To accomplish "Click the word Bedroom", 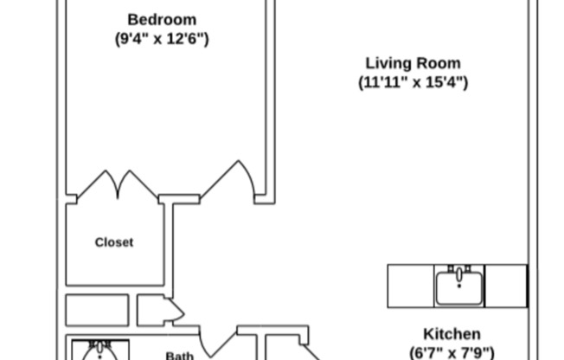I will (162, 19).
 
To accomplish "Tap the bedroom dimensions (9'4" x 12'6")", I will (162, 39).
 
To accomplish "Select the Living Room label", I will (413, 63).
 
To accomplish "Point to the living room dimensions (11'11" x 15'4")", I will (413, 83).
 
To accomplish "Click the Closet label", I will (114, 242).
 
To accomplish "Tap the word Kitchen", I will (452, 334).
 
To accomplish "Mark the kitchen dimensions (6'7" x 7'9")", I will (452, 352).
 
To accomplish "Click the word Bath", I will (180, 355).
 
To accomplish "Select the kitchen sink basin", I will (459, 287).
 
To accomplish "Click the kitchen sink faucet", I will (459, 269).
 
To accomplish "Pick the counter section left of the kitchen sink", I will (410, 286).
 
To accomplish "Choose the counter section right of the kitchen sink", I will (505, 286).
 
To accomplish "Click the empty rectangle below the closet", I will (97, 310).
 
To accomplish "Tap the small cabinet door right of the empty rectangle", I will (161, 310).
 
